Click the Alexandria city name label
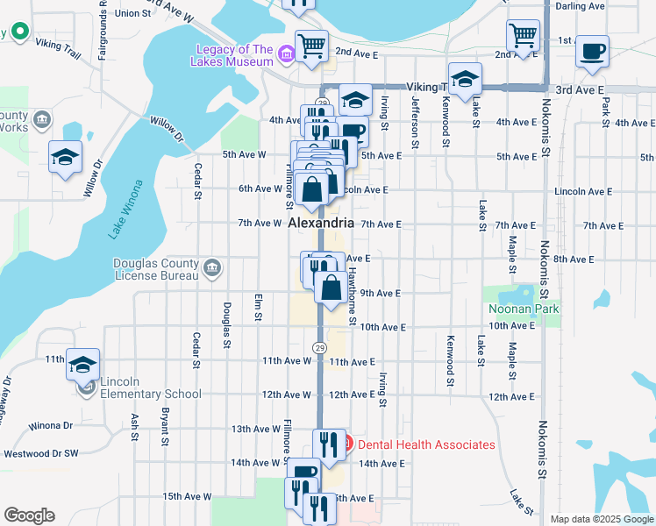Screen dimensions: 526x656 click(321, 224)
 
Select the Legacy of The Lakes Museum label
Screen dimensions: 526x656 click(234, 55)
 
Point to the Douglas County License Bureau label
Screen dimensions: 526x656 click(156, 270)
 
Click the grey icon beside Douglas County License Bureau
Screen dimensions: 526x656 click(211, 268)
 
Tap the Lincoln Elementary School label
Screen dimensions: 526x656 click(151, 387)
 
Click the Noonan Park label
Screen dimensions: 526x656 click(524, 309)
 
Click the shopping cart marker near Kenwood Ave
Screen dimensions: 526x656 click(523, 36)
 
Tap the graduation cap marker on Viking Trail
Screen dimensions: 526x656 click(465, 79)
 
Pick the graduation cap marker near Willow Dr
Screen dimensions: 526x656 click(66, 157)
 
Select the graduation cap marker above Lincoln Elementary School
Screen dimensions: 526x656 click(83, 364)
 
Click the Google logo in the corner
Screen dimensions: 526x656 click(30, 515)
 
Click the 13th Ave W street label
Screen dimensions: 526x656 click(253, 429)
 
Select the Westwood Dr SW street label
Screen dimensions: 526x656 click(41, 454)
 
